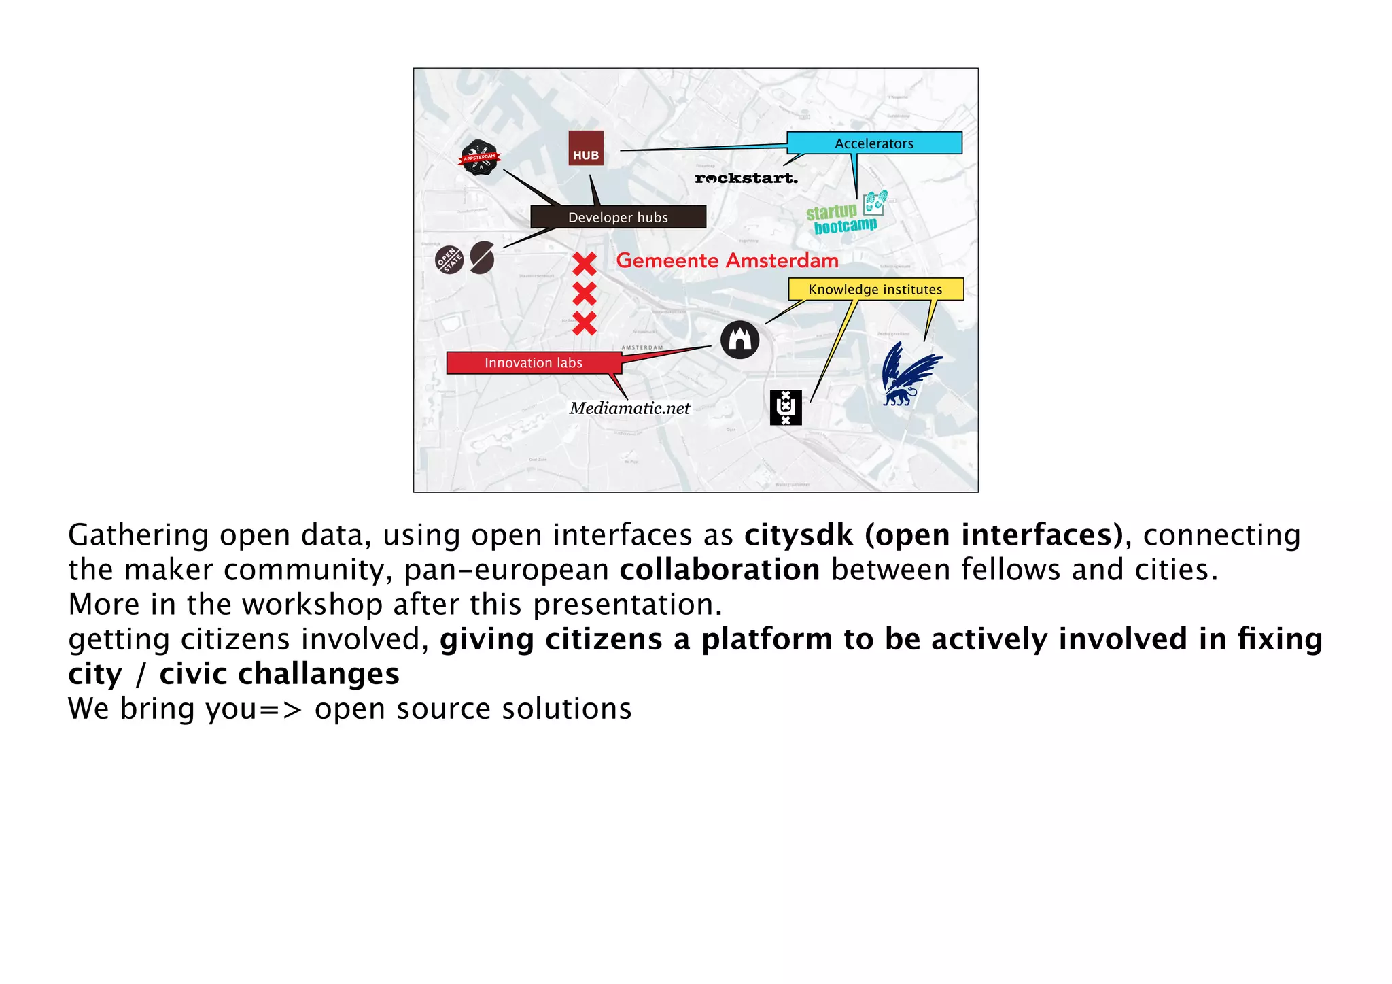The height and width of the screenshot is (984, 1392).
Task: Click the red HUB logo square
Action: [x=586, y=148]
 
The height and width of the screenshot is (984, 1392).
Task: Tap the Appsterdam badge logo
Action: [x=480, y=158]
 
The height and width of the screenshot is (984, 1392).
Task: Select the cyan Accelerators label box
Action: [x=874, y=143]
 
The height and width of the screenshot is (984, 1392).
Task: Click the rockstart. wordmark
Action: [x=746, y=178]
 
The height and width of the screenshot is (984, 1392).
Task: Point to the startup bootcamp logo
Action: [x=846, y=214]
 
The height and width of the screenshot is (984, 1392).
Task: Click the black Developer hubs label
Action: [x=618, y=217]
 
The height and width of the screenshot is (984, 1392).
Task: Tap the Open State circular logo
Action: [x=449, y=260]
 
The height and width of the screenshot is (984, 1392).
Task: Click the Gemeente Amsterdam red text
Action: [x=727, y=260]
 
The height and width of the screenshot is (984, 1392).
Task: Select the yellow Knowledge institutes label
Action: [x=875, y=289]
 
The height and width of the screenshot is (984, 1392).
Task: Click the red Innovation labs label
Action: [x=534, y=362]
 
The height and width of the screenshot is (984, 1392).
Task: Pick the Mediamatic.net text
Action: [x=629, y=408]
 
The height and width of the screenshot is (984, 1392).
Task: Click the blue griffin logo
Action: [x=909, y=374]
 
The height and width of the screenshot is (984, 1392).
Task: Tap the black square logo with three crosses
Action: [x=786, y=407]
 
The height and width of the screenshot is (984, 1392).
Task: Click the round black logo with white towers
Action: [x=739, y=339]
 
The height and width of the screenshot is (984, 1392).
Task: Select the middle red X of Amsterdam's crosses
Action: [x=585, y=294]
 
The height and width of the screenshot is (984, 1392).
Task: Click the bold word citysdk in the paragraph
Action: [x=798, y=535]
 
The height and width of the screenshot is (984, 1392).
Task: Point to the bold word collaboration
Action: [x=719, y=569]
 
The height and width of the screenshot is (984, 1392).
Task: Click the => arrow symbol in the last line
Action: [x=281, y=709]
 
